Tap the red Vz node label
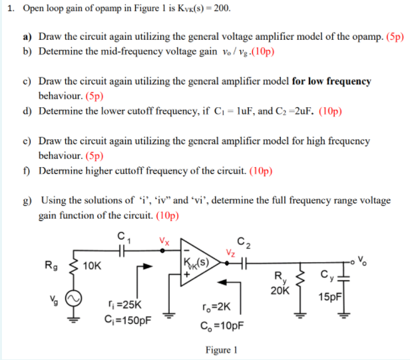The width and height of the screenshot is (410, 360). (230, 251)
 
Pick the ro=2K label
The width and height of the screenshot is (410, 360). (212, 308)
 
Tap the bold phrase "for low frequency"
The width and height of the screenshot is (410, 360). (331, 81)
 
